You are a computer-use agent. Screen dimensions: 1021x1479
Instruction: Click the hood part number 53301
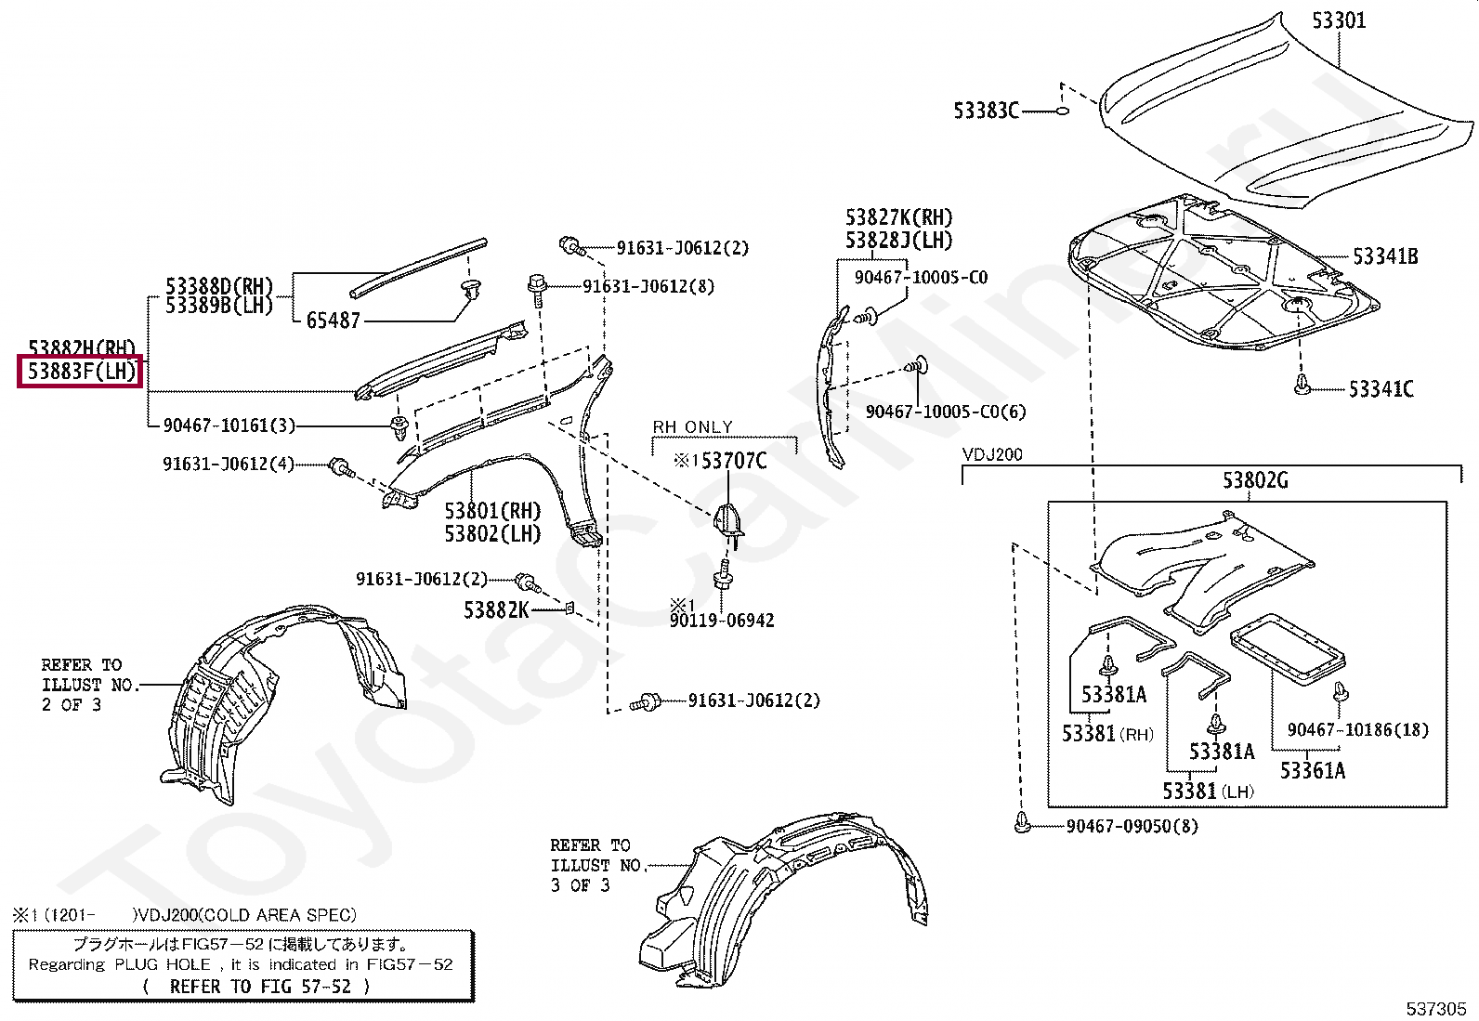[1339, 20]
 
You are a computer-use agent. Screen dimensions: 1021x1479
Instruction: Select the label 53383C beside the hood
[986, 111]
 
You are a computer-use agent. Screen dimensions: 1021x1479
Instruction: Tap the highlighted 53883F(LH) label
[80, 373]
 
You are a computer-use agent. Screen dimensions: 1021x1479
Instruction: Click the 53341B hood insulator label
[1384, 255]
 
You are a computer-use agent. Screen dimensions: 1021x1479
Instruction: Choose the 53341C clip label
[1381, 388]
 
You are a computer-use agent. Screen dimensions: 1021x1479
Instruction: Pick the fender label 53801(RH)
[491, 511]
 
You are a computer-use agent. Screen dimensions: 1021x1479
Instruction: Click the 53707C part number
[733, 460]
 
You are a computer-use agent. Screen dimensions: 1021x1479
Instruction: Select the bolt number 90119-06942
[722, 620]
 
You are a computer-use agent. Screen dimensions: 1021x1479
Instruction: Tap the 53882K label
[496, 610]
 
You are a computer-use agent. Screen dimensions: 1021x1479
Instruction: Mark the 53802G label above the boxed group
[1255, 480]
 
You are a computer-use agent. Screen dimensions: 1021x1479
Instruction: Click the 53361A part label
[1312, 769]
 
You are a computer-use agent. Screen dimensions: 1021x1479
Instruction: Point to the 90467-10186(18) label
[1357, 730]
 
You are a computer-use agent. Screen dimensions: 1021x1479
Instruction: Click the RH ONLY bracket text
[692, 427]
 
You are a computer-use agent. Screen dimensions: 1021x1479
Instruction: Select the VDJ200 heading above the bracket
[992, 455]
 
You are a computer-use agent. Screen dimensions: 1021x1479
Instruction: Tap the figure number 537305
[1435, 1008]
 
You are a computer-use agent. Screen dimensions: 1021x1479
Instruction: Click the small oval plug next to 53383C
[1062, 111]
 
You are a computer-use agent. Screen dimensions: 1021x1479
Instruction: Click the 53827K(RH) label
[898, 217]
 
